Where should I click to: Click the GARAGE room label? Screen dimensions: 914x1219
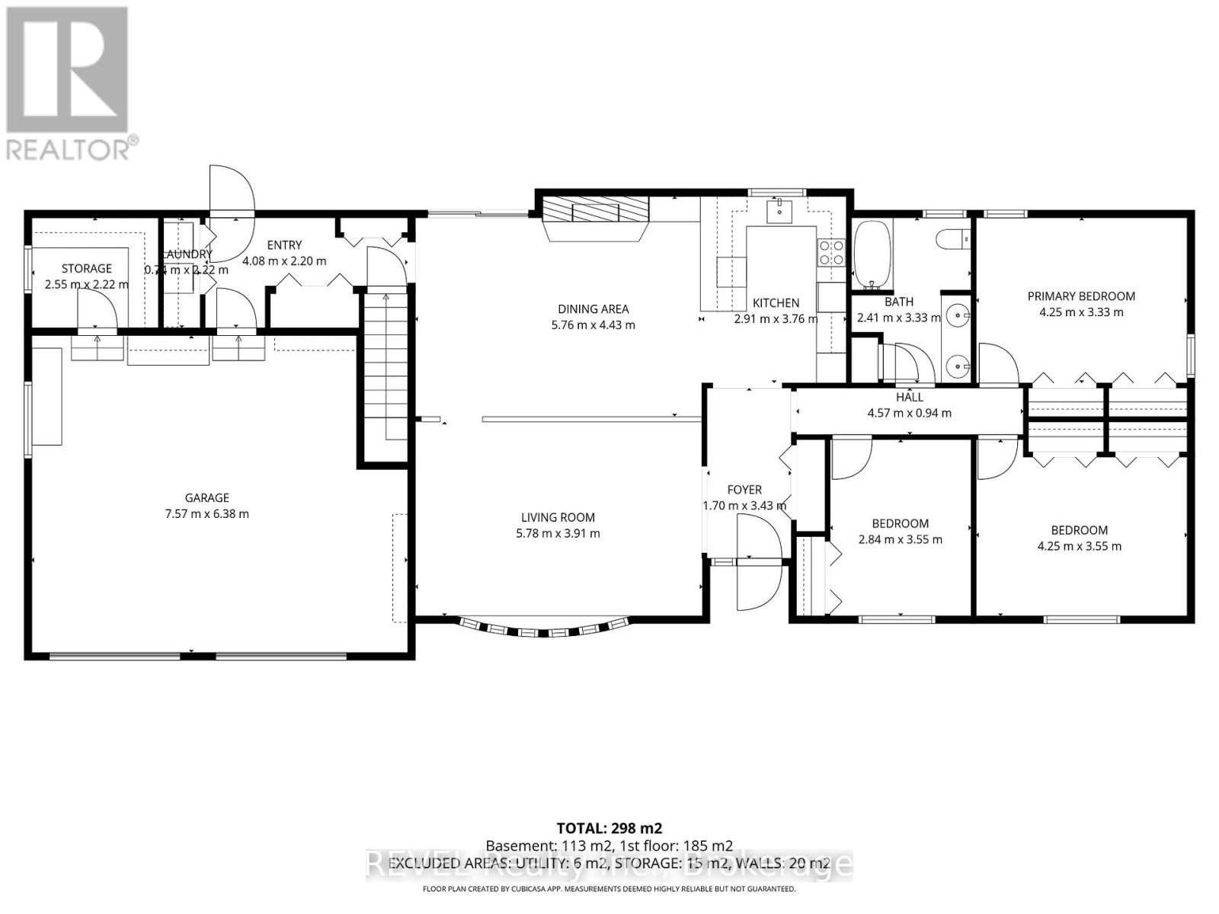click(206, 498)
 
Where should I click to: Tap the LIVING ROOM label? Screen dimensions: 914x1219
click(558, 517)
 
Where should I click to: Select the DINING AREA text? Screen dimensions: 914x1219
click(593, 308)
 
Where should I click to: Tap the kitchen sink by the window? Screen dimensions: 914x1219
click(779, 209)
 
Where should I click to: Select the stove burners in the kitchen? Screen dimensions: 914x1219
click(830, 252)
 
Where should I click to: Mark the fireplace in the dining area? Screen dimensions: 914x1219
click(596, 213)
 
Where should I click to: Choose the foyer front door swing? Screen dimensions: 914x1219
click(757, 562)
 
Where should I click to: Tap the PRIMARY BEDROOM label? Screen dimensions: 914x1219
click(1080, 296)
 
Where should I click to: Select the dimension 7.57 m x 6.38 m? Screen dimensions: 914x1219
click(206, 514)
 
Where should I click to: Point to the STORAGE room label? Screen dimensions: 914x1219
click(86, 268)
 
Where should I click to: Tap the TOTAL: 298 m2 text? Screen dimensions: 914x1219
click(609, 828)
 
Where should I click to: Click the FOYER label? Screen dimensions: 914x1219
click(744, 490)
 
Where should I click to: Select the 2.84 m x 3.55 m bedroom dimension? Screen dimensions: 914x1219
click(900, 539)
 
